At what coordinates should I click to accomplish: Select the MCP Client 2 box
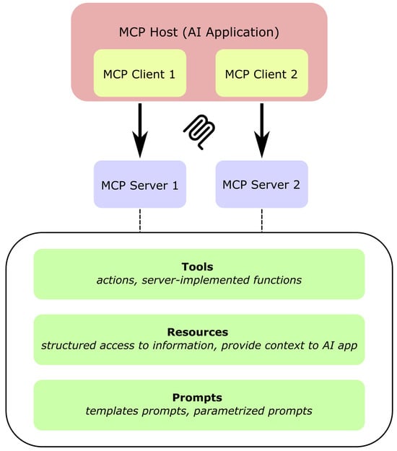[x=261, y=74]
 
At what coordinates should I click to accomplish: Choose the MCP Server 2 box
[x=261, y=184]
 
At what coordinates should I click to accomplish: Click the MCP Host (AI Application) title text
[x=198, y=32]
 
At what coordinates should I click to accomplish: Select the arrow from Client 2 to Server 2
[x=261, y=130]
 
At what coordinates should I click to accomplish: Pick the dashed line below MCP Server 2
[x=261, y=221]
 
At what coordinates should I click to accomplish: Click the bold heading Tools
[x=198, y=267]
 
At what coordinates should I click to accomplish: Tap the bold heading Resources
[x=198, y=332]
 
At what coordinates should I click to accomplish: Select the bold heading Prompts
[x=198, y=398]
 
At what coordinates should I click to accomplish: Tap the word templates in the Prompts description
[x=108, y=411]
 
